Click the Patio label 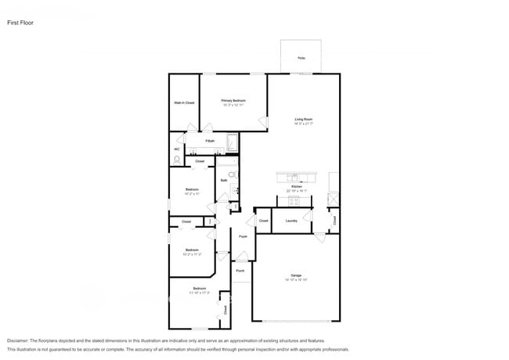(301, 58)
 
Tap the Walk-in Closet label (184, 103)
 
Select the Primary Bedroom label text (233, 101)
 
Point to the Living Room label (303, 120)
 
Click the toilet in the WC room (177, 160)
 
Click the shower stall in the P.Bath (232, 143)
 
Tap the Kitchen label (297, 186)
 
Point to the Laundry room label (291, 221)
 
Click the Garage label (296, 275)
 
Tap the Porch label (240, 270)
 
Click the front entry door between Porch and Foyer (243, 256)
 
